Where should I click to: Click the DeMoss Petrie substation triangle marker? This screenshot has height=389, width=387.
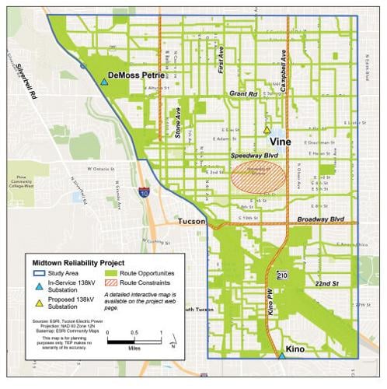point(103,81)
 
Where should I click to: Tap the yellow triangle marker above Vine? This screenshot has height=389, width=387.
point(267,130)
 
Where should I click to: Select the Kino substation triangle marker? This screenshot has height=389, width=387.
point(281,356)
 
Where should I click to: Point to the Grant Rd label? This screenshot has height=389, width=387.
point(242,93)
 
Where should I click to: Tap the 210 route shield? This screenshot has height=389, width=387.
point(281,274)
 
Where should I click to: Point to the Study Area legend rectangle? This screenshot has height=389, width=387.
point(40,275)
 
